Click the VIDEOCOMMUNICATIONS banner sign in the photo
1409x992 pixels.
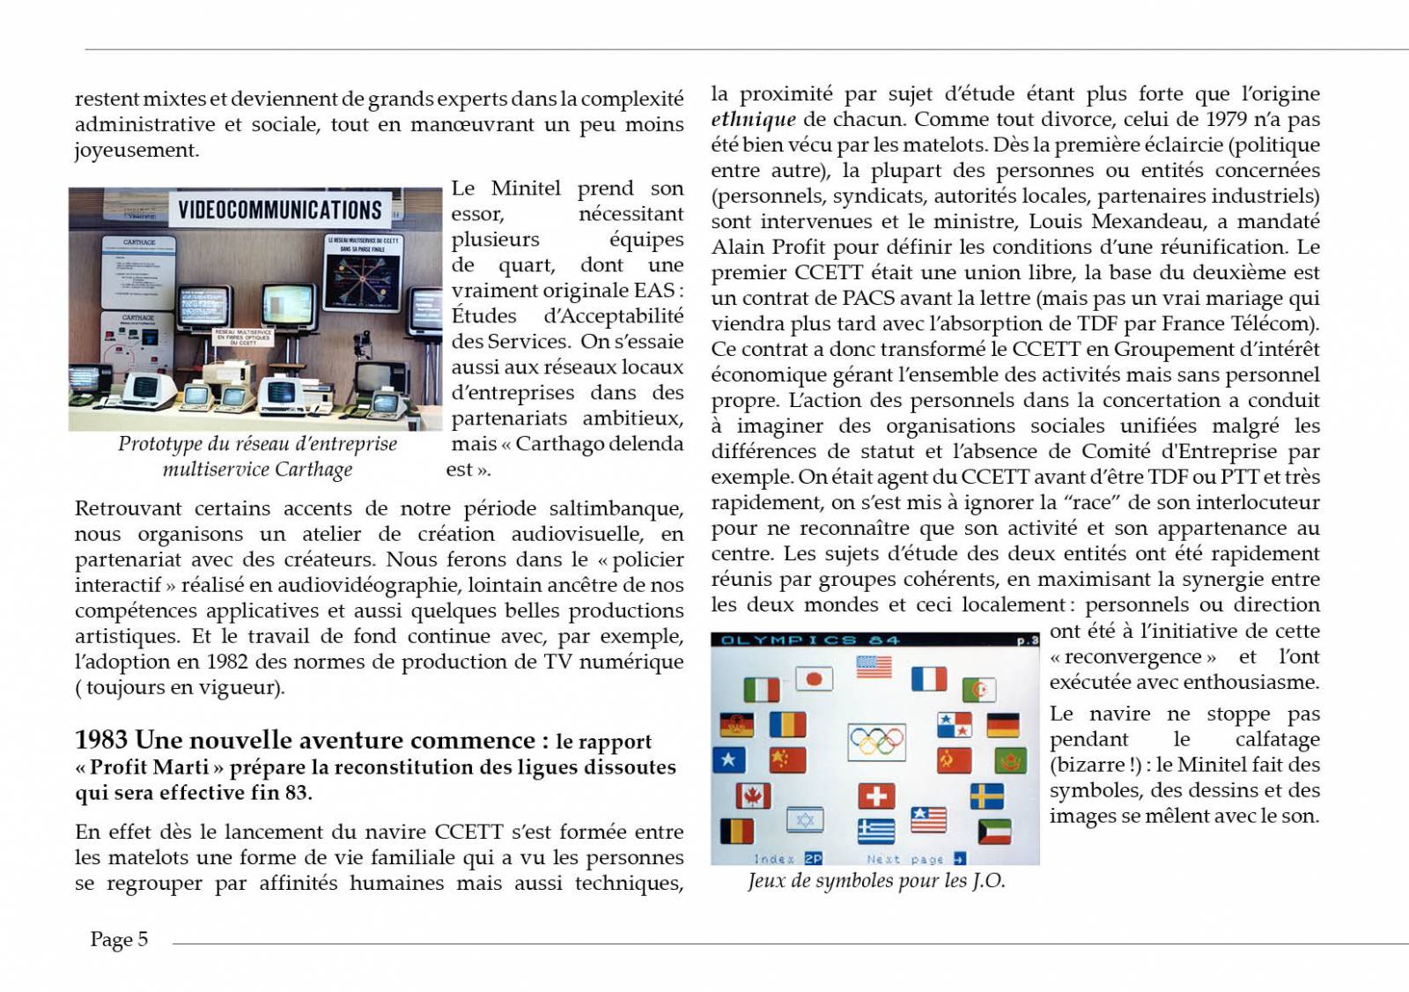280,210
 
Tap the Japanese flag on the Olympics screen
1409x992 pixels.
814,679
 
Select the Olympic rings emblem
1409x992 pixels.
876,742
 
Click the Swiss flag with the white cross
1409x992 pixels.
876,796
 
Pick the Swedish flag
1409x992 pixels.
986,796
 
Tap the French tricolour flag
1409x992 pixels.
928,679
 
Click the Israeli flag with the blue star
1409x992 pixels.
805,820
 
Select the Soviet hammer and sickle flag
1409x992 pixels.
953,759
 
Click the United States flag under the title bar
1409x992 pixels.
874,667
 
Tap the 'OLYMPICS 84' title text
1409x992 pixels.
809,640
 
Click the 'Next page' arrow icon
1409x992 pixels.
959,858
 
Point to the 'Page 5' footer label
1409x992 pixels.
119,939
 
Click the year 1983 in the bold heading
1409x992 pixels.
101,739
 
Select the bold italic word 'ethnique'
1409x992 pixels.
753,119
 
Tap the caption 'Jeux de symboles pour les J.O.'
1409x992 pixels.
876,880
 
